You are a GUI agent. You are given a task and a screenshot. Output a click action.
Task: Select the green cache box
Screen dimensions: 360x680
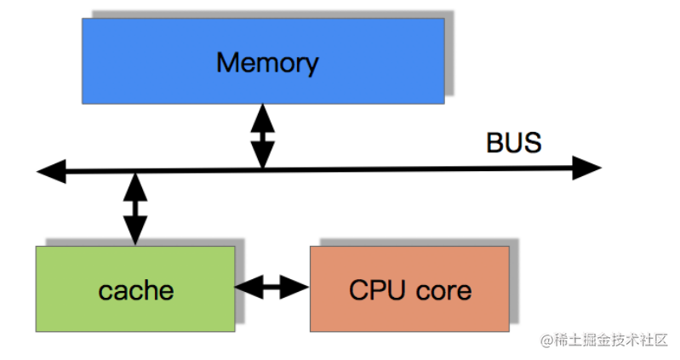click(x=135, y=289)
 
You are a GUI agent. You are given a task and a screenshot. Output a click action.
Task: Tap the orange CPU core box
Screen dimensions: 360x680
click(x=409, y=289)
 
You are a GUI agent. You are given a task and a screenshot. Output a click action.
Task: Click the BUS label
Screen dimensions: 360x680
click(x=513, y=142)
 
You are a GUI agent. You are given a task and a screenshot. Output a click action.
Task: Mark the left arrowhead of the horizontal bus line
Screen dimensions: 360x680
click(x=51, y=171)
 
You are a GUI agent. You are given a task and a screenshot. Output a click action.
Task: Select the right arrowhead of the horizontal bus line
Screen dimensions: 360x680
click(x=586, y=169)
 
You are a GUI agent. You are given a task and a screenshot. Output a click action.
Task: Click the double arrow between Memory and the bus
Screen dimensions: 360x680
click(x=263, y=135)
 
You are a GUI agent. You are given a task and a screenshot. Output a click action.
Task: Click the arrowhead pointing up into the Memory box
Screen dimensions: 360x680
click(x=263, y=116)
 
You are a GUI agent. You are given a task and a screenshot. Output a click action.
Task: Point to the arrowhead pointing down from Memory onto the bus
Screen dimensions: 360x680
click(x=263, y=155)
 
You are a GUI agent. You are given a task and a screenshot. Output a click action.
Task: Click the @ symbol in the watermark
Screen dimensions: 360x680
click(x=546, y=340)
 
